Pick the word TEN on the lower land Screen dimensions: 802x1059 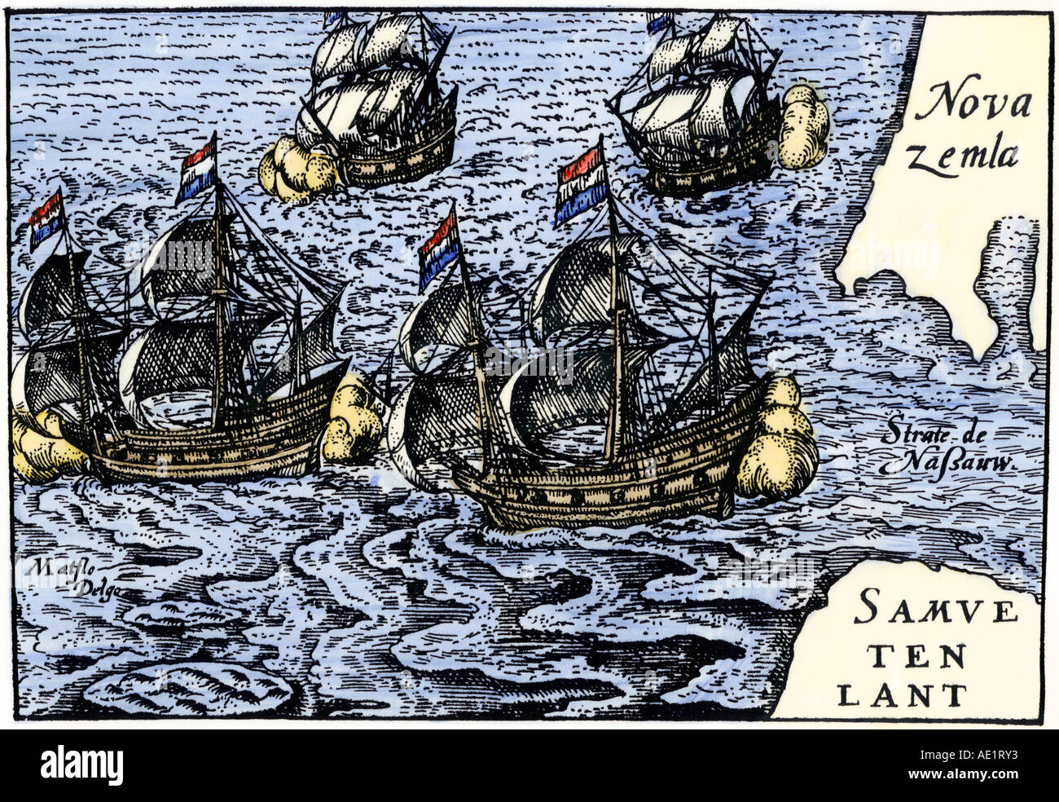[x=906, y=654]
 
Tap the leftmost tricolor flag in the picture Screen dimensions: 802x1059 [x=46, y=218]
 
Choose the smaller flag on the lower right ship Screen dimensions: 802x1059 [x=438, y=248]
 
